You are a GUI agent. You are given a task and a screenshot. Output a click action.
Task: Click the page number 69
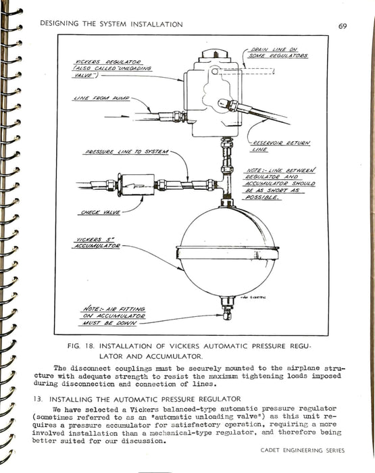pyautogui.click(x=343, y=26)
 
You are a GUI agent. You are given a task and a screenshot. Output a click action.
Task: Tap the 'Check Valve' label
pyautogui.click(x=101, y=213)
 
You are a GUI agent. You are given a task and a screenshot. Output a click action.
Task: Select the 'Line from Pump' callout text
pyautogui.click(x=102, y=99)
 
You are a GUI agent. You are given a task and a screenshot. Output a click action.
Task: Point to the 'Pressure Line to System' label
pyautogui.click(x=126, y=152)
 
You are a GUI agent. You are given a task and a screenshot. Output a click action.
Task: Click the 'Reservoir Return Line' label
pyautogui.click(x=280, y=146)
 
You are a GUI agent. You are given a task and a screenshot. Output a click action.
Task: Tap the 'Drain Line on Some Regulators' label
pyautogui.click(x=278, y=53)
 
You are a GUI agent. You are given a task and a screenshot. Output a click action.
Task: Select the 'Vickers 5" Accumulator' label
pyautogui.click(x=96, y=243)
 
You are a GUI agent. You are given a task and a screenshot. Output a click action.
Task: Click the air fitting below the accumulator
pyautogui.click(x=227, y=307)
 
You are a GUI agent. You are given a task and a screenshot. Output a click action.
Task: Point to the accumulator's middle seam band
pyautogui.click(x=227, y=253)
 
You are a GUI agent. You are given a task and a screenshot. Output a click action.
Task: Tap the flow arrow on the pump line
pyautogui.click(x=117, y=116)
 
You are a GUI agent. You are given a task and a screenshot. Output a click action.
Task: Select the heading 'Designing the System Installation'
pyautogui.click(x=111, y=24)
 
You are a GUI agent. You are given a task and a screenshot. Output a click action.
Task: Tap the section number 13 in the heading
pyautogui.click(x=37, y=399)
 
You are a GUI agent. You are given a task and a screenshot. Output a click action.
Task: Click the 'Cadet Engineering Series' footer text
pyautogui.click(x=303, y=451)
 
